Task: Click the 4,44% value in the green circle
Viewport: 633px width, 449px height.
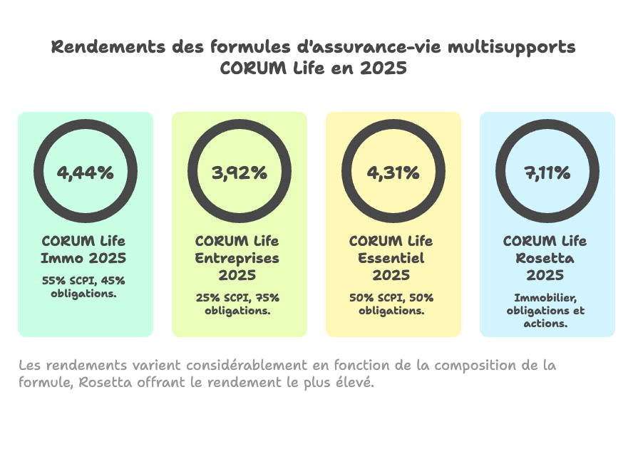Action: tap(85, 172)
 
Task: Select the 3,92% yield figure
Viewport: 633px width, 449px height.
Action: tap(239, 172)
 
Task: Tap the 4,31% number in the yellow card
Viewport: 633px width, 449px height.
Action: tap(393, 172)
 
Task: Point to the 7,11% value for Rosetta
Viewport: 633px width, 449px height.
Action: tap(547, 172)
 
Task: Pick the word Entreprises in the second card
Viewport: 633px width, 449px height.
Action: tap(237, 258)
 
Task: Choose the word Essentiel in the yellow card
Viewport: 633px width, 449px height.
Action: tap(391, 258)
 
